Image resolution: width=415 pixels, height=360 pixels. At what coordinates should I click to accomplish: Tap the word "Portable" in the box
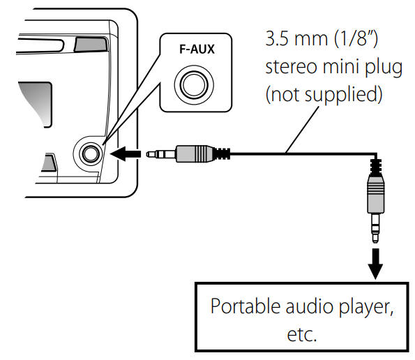[241, 307]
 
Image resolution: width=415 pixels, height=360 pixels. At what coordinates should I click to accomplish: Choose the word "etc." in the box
[302, 334]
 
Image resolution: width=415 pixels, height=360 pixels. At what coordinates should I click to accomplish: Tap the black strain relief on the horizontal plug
[222, 152]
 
